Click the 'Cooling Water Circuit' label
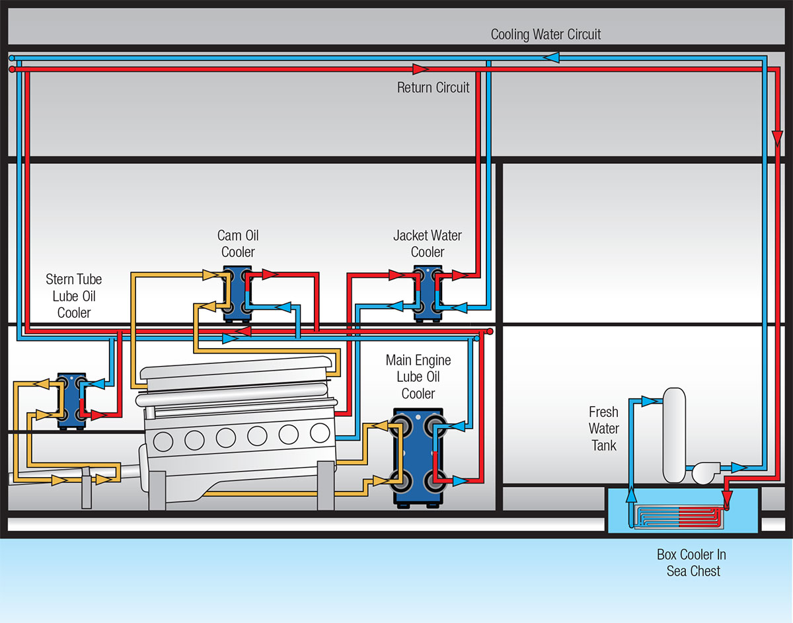pos(546,34)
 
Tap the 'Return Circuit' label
pos(433,87)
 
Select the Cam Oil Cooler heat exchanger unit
pos(237,293)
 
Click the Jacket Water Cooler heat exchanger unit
pos(428,293)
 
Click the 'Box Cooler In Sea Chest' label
pos(691,562)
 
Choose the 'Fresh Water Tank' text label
pos(604,429)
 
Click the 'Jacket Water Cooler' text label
pos(428,243)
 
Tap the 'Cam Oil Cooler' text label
pos(238,243)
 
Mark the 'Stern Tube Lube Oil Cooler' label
pos(74,295)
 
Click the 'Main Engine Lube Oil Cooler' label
pos(418,377)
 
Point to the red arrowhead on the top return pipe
pos(418,69)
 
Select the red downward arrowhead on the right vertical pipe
pos(778,138)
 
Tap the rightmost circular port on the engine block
pos(320,433)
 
